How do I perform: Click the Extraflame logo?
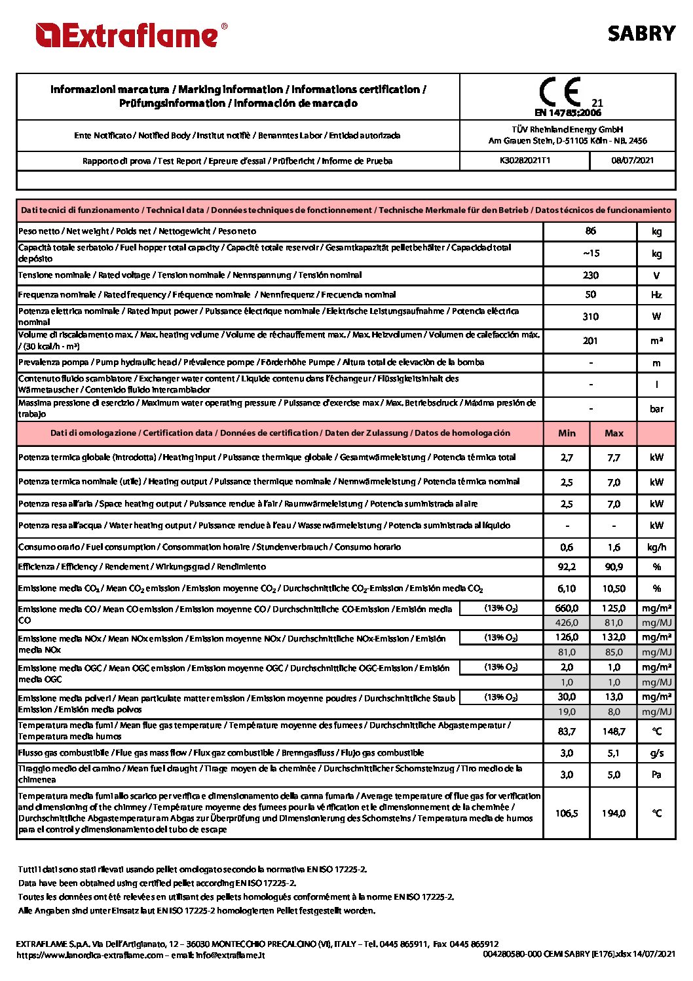pos(131,35)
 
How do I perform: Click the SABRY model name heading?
pos(641,33)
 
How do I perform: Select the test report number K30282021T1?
pos(525,161)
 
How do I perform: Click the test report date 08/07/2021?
pos(632,161)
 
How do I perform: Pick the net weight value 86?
pos(590,231)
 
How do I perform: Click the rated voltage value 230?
pos(590,275)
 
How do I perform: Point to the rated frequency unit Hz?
pos(656,295)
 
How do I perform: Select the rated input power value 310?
pos(590,317)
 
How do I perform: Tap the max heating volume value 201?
pos(590,341)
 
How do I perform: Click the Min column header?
pos(567,433)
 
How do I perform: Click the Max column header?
pos(614,433)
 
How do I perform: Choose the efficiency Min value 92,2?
pos(567,567)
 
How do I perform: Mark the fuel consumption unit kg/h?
pos(656,547)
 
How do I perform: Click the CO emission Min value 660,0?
pos(567,608)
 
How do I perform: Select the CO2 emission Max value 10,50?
pos(614,588)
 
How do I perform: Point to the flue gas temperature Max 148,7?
pos(614,731)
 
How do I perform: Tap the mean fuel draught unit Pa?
pos(656,775)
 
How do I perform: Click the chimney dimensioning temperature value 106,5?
pos(567,813)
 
